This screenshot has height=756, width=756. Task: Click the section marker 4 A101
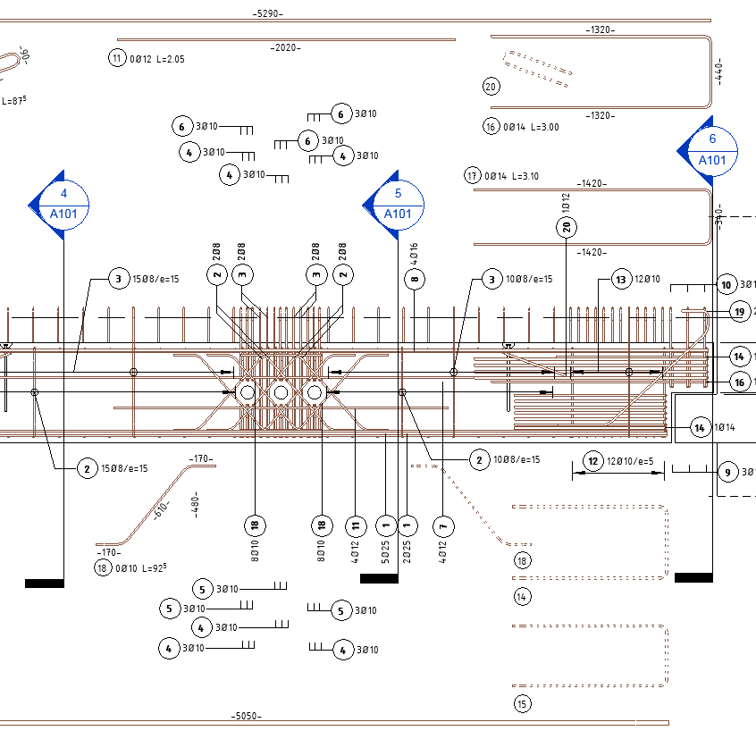63,204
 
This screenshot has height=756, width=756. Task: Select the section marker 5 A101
398,204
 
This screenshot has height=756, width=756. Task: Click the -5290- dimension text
266,13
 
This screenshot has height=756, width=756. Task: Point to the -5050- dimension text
245,716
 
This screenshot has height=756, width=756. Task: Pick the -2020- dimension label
286,47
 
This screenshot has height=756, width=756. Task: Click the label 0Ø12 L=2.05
157,59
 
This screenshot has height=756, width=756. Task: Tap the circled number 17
473,176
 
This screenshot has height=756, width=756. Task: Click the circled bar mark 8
413,280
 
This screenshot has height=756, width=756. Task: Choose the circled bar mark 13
621,280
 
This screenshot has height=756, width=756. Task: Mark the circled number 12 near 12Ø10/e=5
592,461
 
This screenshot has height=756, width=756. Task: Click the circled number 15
522,704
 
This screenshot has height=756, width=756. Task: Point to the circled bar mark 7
441,525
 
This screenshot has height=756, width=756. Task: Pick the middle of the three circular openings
281,392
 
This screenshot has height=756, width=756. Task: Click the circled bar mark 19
738,311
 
